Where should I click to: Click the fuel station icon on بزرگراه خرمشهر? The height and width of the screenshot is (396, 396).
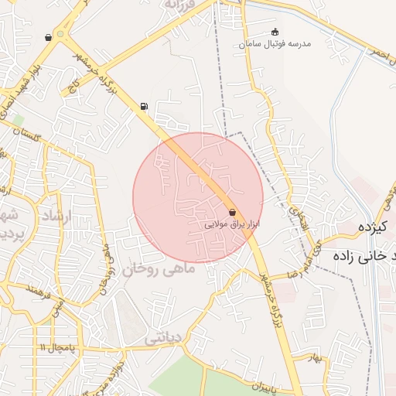coord(144,107)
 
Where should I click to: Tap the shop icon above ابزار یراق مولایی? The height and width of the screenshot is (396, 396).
coord(233,212)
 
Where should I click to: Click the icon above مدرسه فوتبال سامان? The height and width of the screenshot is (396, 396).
coord(275,32)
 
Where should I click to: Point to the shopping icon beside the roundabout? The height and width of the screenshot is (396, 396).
coord(49,37)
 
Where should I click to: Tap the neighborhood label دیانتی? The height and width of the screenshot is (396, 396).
coord(164,338)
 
